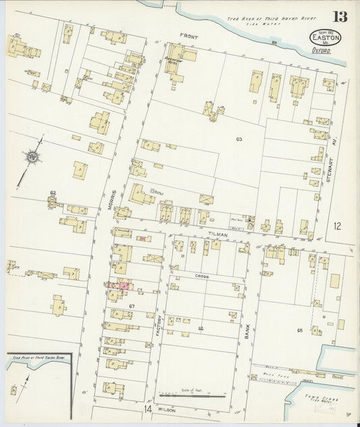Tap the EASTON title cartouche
point(326,37)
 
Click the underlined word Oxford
point(323,49)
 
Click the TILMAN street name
point(218,233)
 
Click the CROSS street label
point(201,277)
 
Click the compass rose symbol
point(32,157)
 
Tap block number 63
point(239,139)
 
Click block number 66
point(201,328)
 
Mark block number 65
point(299,330)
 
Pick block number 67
point(133,307)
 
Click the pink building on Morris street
point(124,286)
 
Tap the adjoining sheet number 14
point(147,409)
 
